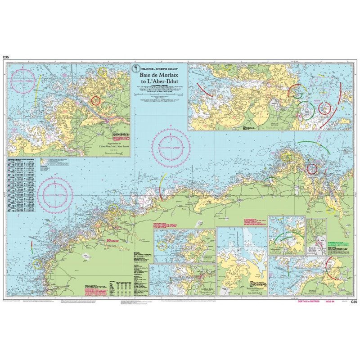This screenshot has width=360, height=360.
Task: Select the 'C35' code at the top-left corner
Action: tap(6, 57)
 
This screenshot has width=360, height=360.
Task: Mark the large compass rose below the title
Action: tap(170, 146)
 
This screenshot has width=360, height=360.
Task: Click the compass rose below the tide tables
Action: tap(55, 195)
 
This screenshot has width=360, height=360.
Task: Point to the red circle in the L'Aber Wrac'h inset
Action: tap(96, 100)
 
